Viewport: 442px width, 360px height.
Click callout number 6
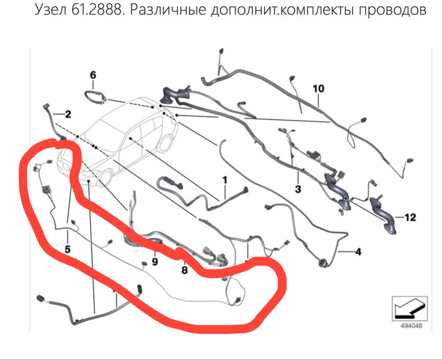coord(93,75)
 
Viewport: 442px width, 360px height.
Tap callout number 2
coord(68,114)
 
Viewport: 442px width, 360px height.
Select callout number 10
coord(318,89)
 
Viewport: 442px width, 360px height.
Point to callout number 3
coord(298,189)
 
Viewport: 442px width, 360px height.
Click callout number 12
coord(410,217)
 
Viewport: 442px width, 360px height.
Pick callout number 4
coord(358,251)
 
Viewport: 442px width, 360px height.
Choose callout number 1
coord(225,180)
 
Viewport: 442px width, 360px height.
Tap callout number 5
coord(67,249)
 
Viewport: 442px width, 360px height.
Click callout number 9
coord(155,262)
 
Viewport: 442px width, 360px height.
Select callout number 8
coord(184,270)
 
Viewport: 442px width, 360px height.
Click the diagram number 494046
coord(411,326)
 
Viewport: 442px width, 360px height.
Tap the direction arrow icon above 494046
coord(410,308)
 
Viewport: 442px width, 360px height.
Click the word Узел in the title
coord(51,10)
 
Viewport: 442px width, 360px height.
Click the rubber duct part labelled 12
coord(383,215)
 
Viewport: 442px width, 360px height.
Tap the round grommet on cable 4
coord(322,263)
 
